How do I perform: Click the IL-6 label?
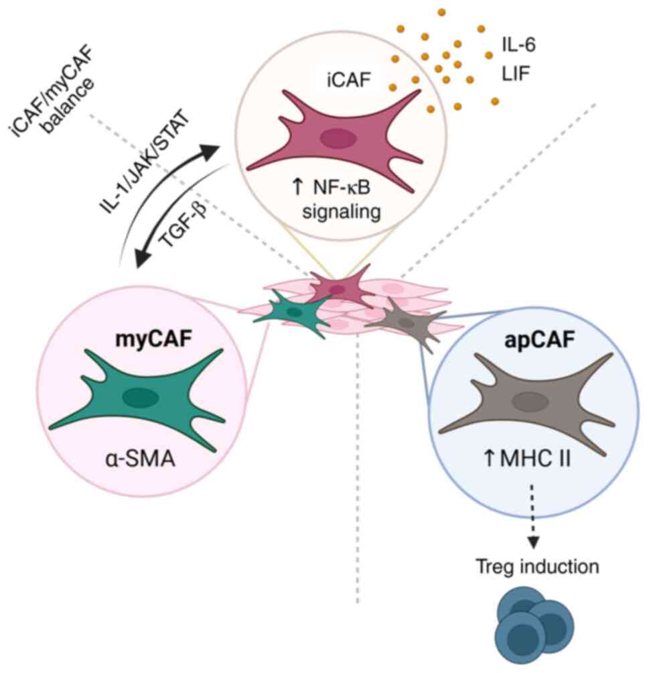click(518, 45)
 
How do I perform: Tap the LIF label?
click(516, 74)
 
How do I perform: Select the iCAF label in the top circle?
click(348, 80)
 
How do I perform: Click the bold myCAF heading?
click(153, 339)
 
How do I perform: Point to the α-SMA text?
click(140, 459)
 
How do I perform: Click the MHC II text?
click(535, 458)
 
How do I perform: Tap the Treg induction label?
click(537, 566)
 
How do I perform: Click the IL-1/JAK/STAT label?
click(145, 162)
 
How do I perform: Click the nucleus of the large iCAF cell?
click(339, 138)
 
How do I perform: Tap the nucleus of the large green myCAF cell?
click(140, 397)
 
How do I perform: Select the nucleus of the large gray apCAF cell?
click(530, 403)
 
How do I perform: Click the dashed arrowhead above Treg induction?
click(532, 542)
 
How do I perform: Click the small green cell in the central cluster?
click(295, 312)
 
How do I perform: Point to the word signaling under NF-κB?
click(342, 212)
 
